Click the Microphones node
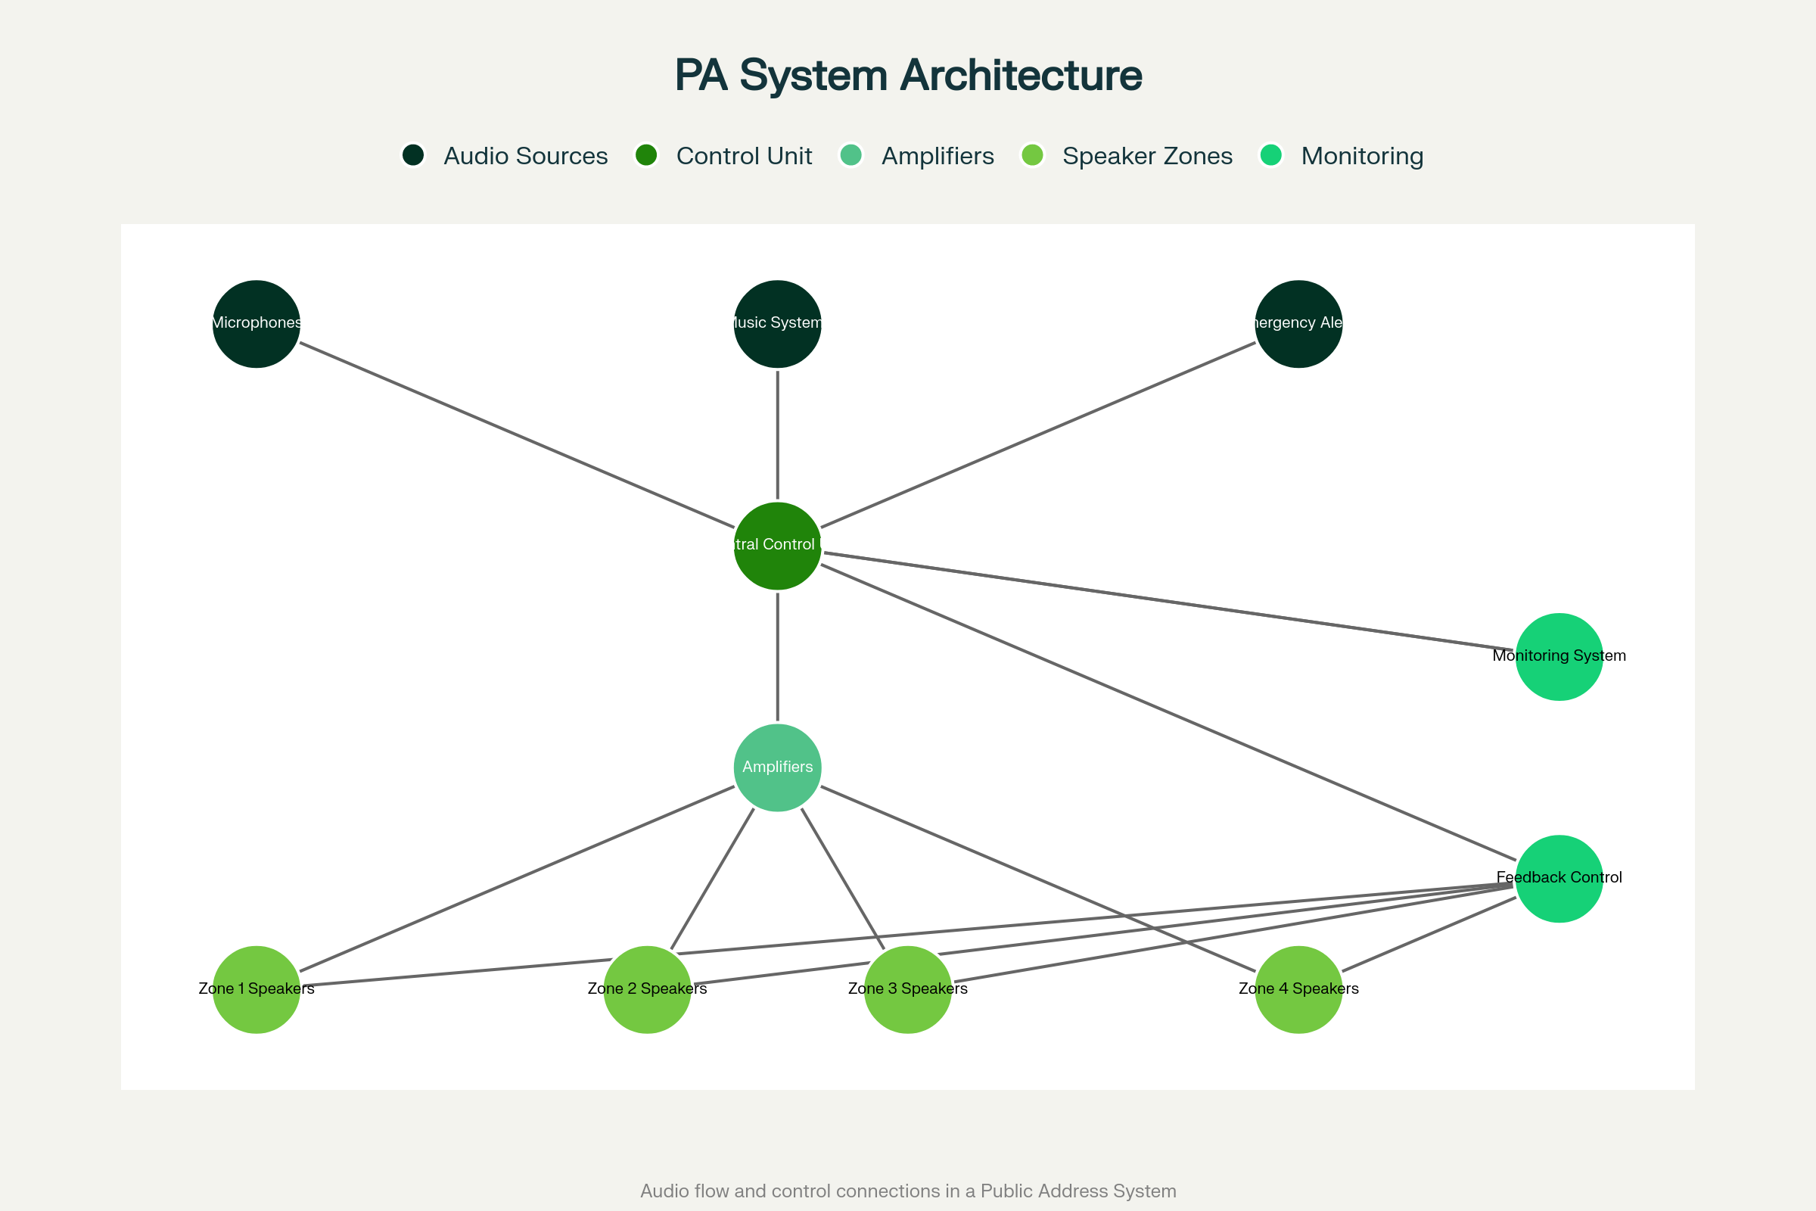pyautogui.click(x=257, y=324)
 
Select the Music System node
pyautogui.click(x=778, y=324)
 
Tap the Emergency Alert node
pyautogui.click(x=1298, y=324)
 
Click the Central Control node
pyautogui.click(x=778, y=546)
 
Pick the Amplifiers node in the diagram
pyautogui.click(x=778, y=767)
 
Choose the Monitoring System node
pyautogui.click(x=1559, y=656)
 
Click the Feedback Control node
pyautogui.click(x=1559, y=879)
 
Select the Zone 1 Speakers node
pyautogui.click(x=257, y=989)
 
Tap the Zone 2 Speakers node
pyautogui.click(x=647, y=989)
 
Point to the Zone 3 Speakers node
pyautogui.click(x=908, y=989)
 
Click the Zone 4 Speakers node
pyautogui.click(x=1298, y=989)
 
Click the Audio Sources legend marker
pyautogui.click(x=413, y=155)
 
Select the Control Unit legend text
pyautogui.click(x=744, y=156)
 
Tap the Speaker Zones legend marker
pyautogui.click(x=1032, y=155)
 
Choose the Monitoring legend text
pyautogui.click(x=1362, y=156)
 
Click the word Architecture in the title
pyautogui.click(x=1021, y=75)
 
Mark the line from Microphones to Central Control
pyautogui.click(x=518, y=434)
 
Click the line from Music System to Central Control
pyautogui.click(x=778, y=434)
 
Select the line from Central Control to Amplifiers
pyautogui.click(x=778, y=656)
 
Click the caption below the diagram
pyautogui.click(x=908, y=1191)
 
